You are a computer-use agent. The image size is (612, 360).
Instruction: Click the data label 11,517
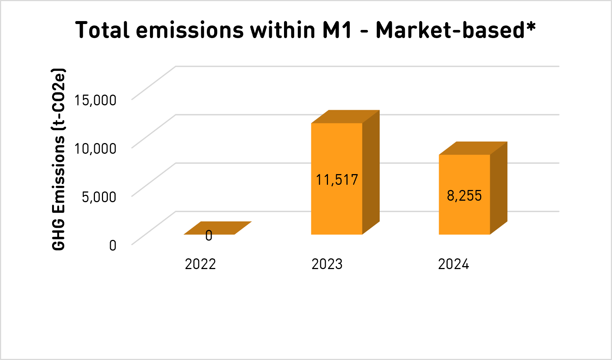click(x=336, y=180)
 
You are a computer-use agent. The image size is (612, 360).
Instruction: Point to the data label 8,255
click(x=464, y=196)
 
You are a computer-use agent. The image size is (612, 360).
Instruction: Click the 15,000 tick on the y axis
click(x=95, y=100)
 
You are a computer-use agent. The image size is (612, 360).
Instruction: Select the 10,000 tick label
click(x=95, y=149)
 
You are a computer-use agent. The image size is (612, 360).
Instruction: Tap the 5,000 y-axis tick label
click(x=99, y=197)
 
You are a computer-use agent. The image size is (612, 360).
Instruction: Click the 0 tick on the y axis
click(x=113, y=245)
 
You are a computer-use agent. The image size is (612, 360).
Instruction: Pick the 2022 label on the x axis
click(x=200, y=264)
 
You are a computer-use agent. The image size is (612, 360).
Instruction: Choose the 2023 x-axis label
click(x=327, y=264)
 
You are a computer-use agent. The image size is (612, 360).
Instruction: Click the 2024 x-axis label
click(x=454, y=264)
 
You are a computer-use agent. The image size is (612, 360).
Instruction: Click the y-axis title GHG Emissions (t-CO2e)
click(x=59, y=159)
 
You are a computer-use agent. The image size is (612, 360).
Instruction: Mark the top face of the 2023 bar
click(x=345, y=116)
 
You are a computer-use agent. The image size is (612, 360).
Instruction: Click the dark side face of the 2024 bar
click(x=499, y=189)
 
